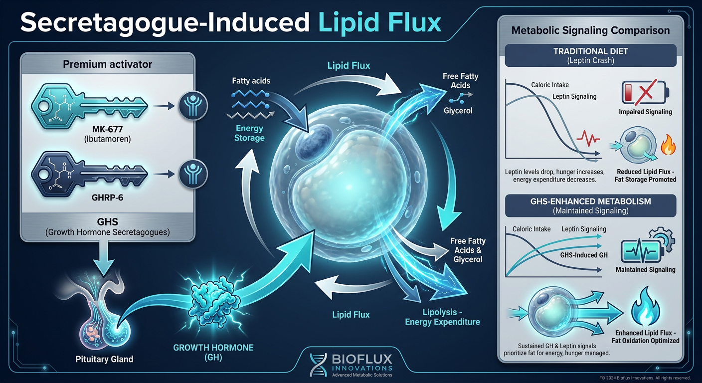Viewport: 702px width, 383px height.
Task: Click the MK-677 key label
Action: [x=107, y=129]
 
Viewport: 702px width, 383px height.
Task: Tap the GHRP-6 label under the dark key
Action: [x=107, y=198]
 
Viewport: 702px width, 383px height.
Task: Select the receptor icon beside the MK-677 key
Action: [x=193, y=106]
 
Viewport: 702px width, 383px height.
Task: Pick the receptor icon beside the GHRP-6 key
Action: [x=193, y=174]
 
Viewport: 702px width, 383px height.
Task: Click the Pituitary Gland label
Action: [x=104, y=359]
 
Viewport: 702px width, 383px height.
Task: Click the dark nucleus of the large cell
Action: [x=314, y=141]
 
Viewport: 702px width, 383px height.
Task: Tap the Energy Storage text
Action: [x=249, y=133]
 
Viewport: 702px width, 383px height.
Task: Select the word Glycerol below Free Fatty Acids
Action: [x=458, y=111]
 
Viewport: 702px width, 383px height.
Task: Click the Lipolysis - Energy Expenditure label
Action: [x=442, y=317]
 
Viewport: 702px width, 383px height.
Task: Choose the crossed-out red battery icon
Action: [x=645, y=92]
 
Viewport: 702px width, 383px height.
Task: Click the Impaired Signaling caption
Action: [x=645, y=112]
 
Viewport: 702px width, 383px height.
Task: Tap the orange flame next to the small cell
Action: [x=668, y=145]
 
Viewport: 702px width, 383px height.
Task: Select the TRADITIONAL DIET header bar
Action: [x=590, y=55]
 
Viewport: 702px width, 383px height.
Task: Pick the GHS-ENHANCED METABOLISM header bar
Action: [x=590, y=205]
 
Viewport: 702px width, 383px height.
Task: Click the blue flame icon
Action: [x=645, y=307]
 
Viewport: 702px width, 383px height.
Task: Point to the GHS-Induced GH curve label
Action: [x=584, y=255]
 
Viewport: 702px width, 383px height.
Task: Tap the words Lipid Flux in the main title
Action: [x=380, y=22]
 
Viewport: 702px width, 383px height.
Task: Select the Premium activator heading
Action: [x=108, y=64]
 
